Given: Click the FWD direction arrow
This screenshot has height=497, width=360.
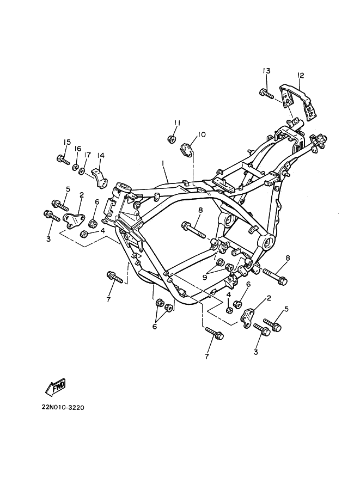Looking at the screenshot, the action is click(x=56, y=387).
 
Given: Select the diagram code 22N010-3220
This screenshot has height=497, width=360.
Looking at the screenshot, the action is click(x=63, y=407).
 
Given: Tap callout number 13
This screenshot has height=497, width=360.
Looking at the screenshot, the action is click(x=266, y=71).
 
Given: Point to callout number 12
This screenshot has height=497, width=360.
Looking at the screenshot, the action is click(x=301, y=76).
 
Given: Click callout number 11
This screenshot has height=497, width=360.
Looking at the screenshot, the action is click(x=177, y=122).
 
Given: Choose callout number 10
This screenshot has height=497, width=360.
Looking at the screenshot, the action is click(x=202, y=134).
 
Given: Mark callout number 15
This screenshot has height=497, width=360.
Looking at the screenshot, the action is click(x=67, y=142).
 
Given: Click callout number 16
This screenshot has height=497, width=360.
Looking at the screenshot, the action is click(x=78, y=149).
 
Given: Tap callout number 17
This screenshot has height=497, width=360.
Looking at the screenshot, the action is click(x=87, y=155).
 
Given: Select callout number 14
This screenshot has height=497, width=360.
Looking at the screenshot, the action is click(x=101, y=155).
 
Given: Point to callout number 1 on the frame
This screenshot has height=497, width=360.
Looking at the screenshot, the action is click(x=162, y=163).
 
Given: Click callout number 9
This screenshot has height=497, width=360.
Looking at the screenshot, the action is click(x=205, y=277).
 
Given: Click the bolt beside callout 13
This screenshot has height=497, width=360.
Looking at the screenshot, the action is click(x=266, y=94).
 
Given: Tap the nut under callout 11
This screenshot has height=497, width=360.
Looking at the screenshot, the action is click(x=172, y=139).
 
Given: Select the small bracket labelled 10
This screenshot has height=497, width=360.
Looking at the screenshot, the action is click(x=187, y=150).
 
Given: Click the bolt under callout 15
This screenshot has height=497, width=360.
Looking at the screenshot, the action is click(x=63, y=159).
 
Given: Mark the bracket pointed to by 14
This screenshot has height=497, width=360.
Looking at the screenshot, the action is click(x=100, y=179).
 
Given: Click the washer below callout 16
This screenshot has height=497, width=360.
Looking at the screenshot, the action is click(x=76, y=167).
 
